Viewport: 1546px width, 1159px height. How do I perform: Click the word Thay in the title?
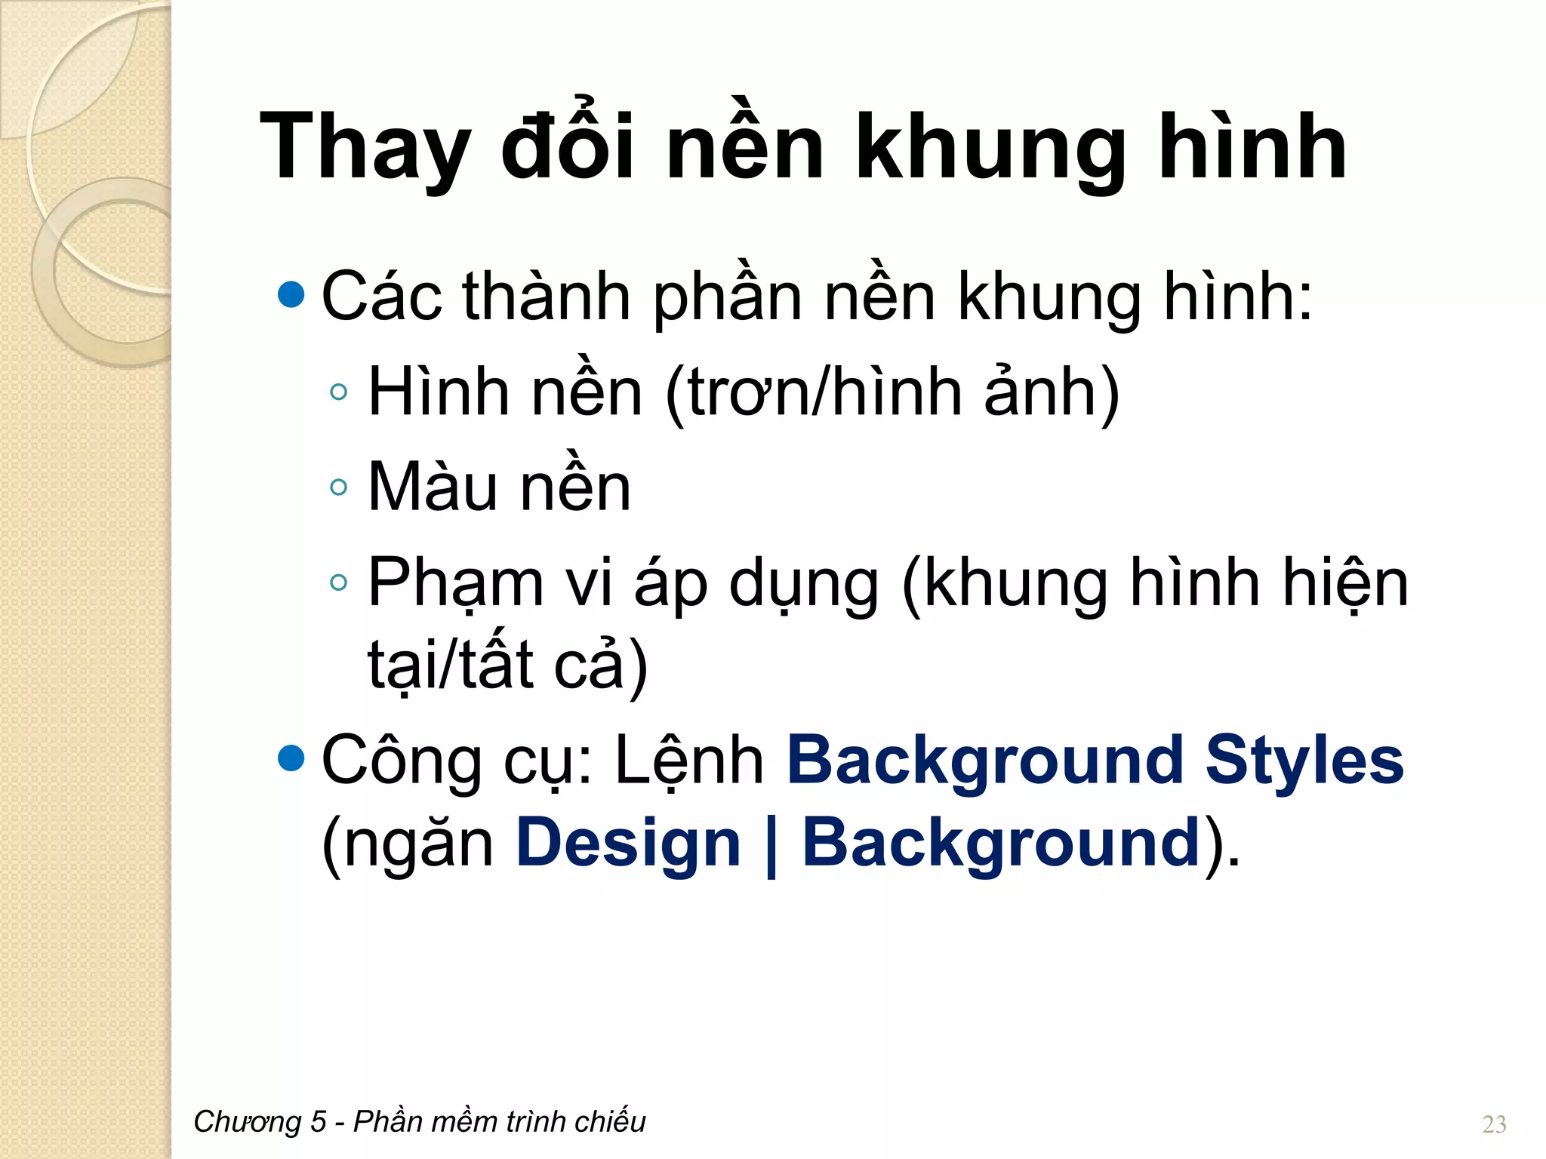(365, 147)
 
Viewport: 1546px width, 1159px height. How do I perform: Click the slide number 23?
(1494, 1124)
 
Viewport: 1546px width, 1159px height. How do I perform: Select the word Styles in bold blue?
(1304, 760)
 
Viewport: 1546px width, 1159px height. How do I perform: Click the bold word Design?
(628, 843)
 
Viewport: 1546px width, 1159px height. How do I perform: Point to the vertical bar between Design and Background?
(771, 845)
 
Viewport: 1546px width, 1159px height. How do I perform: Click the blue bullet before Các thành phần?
(291, 295)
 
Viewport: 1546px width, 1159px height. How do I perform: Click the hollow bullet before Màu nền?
(339, 487)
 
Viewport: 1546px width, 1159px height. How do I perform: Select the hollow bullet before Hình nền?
(339, 391)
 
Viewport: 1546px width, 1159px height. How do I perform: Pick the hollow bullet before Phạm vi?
(339, 582)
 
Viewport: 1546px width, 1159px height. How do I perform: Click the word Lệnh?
(689, 761)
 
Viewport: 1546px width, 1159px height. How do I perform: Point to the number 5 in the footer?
(318, 1122)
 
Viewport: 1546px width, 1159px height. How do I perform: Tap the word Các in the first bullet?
(381, 297)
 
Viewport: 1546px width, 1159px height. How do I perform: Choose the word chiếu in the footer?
(610, 1122)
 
